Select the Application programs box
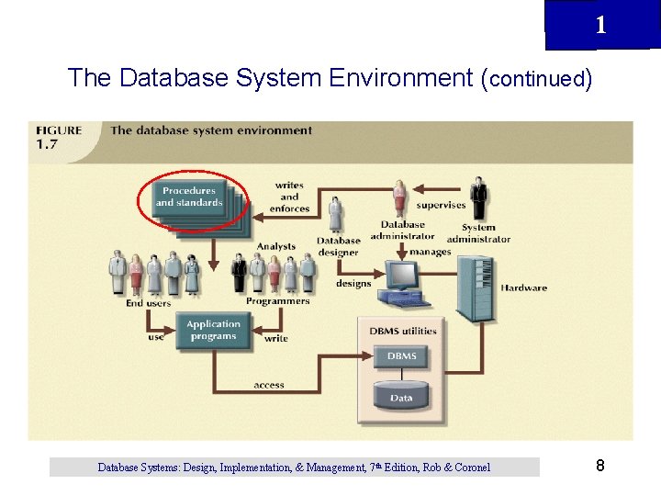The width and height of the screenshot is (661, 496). tap(213, 331)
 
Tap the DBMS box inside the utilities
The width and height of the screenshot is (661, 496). tap(401, 356)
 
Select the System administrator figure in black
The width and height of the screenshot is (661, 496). tap(478, 198)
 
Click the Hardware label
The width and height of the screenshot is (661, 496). tap(523, 288)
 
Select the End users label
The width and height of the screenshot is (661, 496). tap(149, 302)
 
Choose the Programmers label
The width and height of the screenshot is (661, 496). tap(277, 301)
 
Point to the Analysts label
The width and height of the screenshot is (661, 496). tap(275, 246)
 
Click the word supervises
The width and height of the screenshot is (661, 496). tap(441, 205)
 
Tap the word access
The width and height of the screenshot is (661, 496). tap(269, 385)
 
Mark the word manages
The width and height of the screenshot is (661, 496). tap(430, 252)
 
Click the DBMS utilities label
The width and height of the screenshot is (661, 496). tap(403, 331)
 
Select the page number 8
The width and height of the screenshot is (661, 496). tap(599, 466)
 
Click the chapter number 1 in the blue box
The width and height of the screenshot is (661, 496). tap(600, 26)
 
